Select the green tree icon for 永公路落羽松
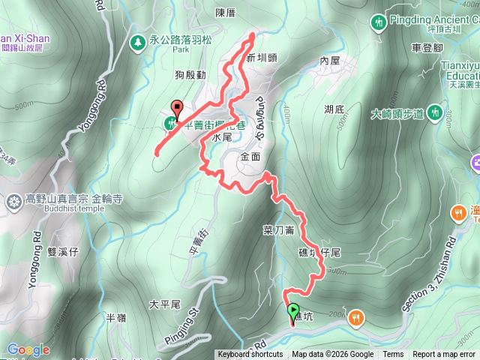(x=137, y=43)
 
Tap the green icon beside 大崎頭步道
(x=435, y=113)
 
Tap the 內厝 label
(x=330, y=60)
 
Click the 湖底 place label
(x=334, y=109)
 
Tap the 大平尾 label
(x=165, y=304)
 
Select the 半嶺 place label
(x=116, y=318)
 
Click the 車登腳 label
(x=427, y=47)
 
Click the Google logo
(x=28, y=349)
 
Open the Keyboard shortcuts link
(x=250, y=355)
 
